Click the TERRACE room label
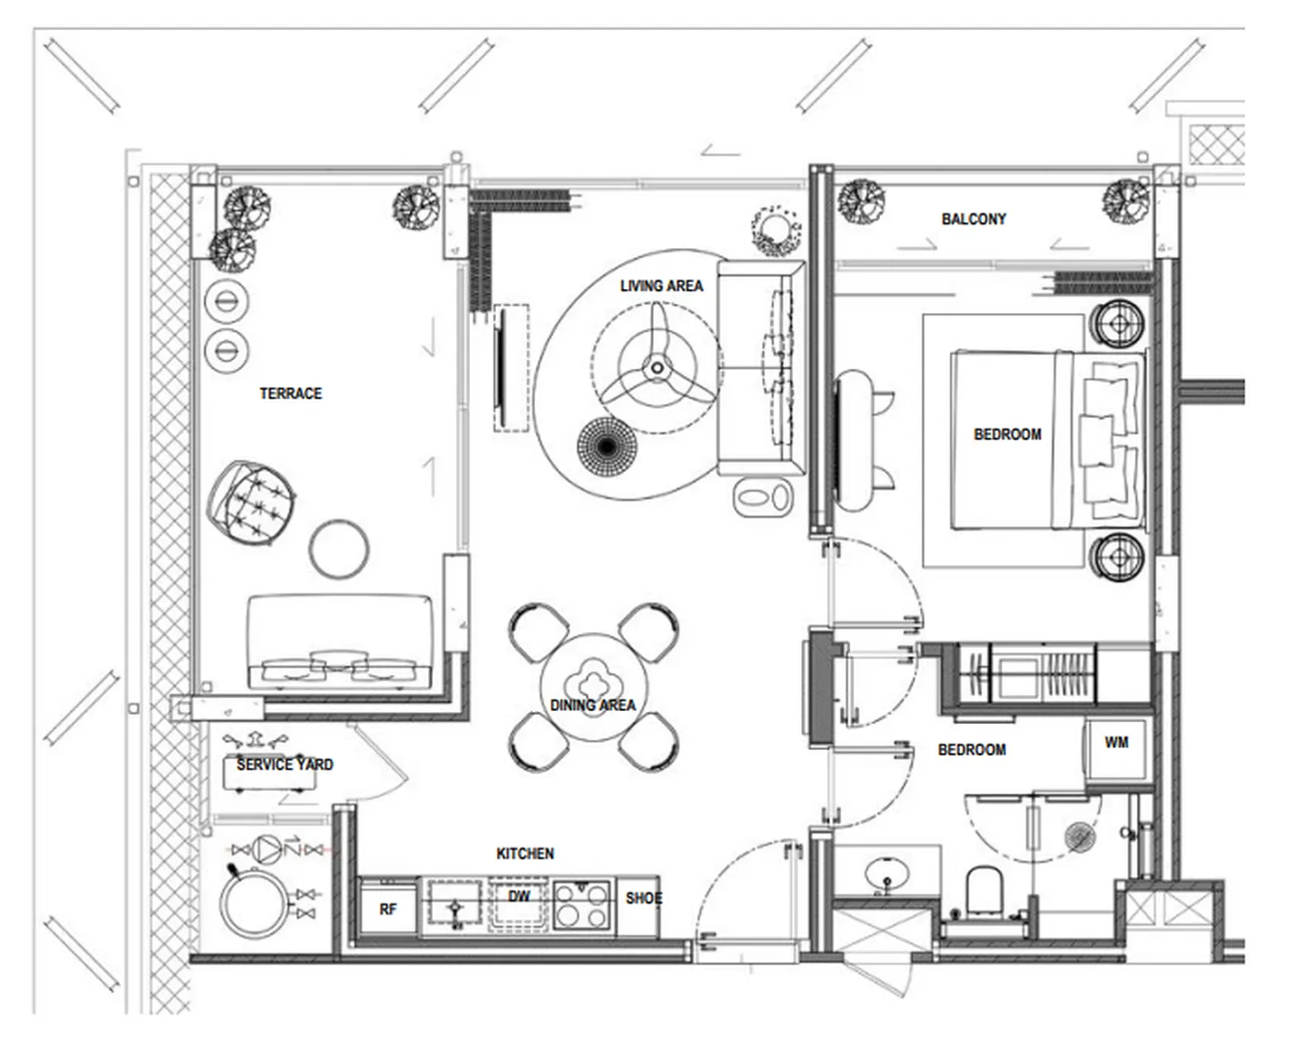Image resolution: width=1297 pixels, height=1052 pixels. tap(290, 394)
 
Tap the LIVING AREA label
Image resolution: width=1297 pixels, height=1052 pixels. tap(661, 286)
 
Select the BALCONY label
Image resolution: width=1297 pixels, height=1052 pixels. tap(974, 219)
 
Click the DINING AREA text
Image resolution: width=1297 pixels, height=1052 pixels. tap(593, 705)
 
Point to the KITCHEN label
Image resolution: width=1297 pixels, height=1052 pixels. tap(525, 854)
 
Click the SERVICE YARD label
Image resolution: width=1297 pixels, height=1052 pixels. tap(285, 765)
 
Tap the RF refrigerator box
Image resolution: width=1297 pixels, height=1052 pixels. tap(388, 909)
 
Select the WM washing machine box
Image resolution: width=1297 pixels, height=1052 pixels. tap(1116, 749)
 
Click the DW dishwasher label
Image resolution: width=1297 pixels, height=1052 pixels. tap(519, 895)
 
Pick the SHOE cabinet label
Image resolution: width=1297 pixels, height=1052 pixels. tap(644, 898)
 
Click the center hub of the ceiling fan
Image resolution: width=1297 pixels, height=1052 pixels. tap(657, 368)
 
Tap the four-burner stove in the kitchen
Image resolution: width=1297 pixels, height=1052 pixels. tap(582, 904)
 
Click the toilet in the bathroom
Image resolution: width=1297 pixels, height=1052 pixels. tap(984, 891)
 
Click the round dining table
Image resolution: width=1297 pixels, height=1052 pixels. tap(594, 688)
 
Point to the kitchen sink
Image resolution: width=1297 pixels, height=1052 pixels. tap(454, 904)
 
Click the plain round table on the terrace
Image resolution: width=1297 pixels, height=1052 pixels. tap(339, 548)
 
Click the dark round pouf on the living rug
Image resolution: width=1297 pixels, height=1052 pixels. tap(607, 447)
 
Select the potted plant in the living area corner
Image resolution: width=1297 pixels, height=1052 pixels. tap(775, 231)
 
